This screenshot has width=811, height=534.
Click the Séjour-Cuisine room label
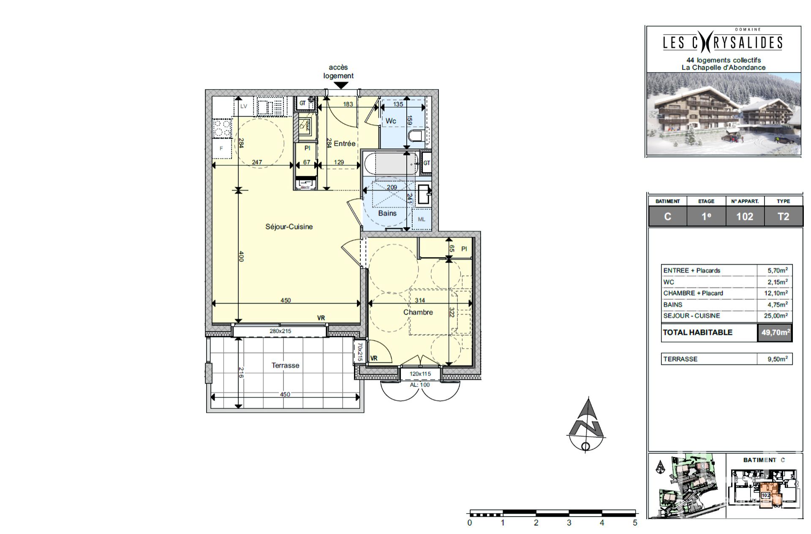(x=289, y=227)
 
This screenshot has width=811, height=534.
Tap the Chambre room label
(x=418, y=312)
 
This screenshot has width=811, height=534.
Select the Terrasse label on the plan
(x=285, y=365)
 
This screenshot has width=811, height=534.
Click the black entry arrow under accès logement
(x=341, y=85)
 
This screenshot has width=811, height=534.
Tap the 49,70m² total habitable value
(x=775, y=332)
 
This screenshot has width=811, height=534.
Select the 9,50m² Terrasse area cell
(x=777, y=359)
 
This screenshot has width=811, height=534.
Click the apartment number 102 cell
(x=745, y=216)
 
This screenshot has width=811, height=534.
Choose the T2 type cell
(x=783, y=216)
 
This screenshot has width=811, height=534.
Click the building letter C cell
(x=667, y=216)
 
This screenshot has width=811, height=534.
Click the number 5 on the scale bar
(x=634, y=523)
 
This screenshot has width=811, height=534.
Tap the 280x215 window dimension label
(x=280, y=331)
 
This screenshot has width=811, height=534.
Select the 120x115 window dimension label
(x=420, y=374)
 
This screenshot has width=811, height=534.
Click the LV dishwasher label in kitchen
(x=244, y=106)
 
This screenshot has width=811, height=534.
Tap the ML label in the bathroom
(x=421, y=219)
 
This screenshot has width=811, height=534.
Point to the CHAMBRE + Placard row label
(x=693, y=293)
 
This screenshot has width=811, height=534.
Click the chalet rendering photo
(x=723, y=113)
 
